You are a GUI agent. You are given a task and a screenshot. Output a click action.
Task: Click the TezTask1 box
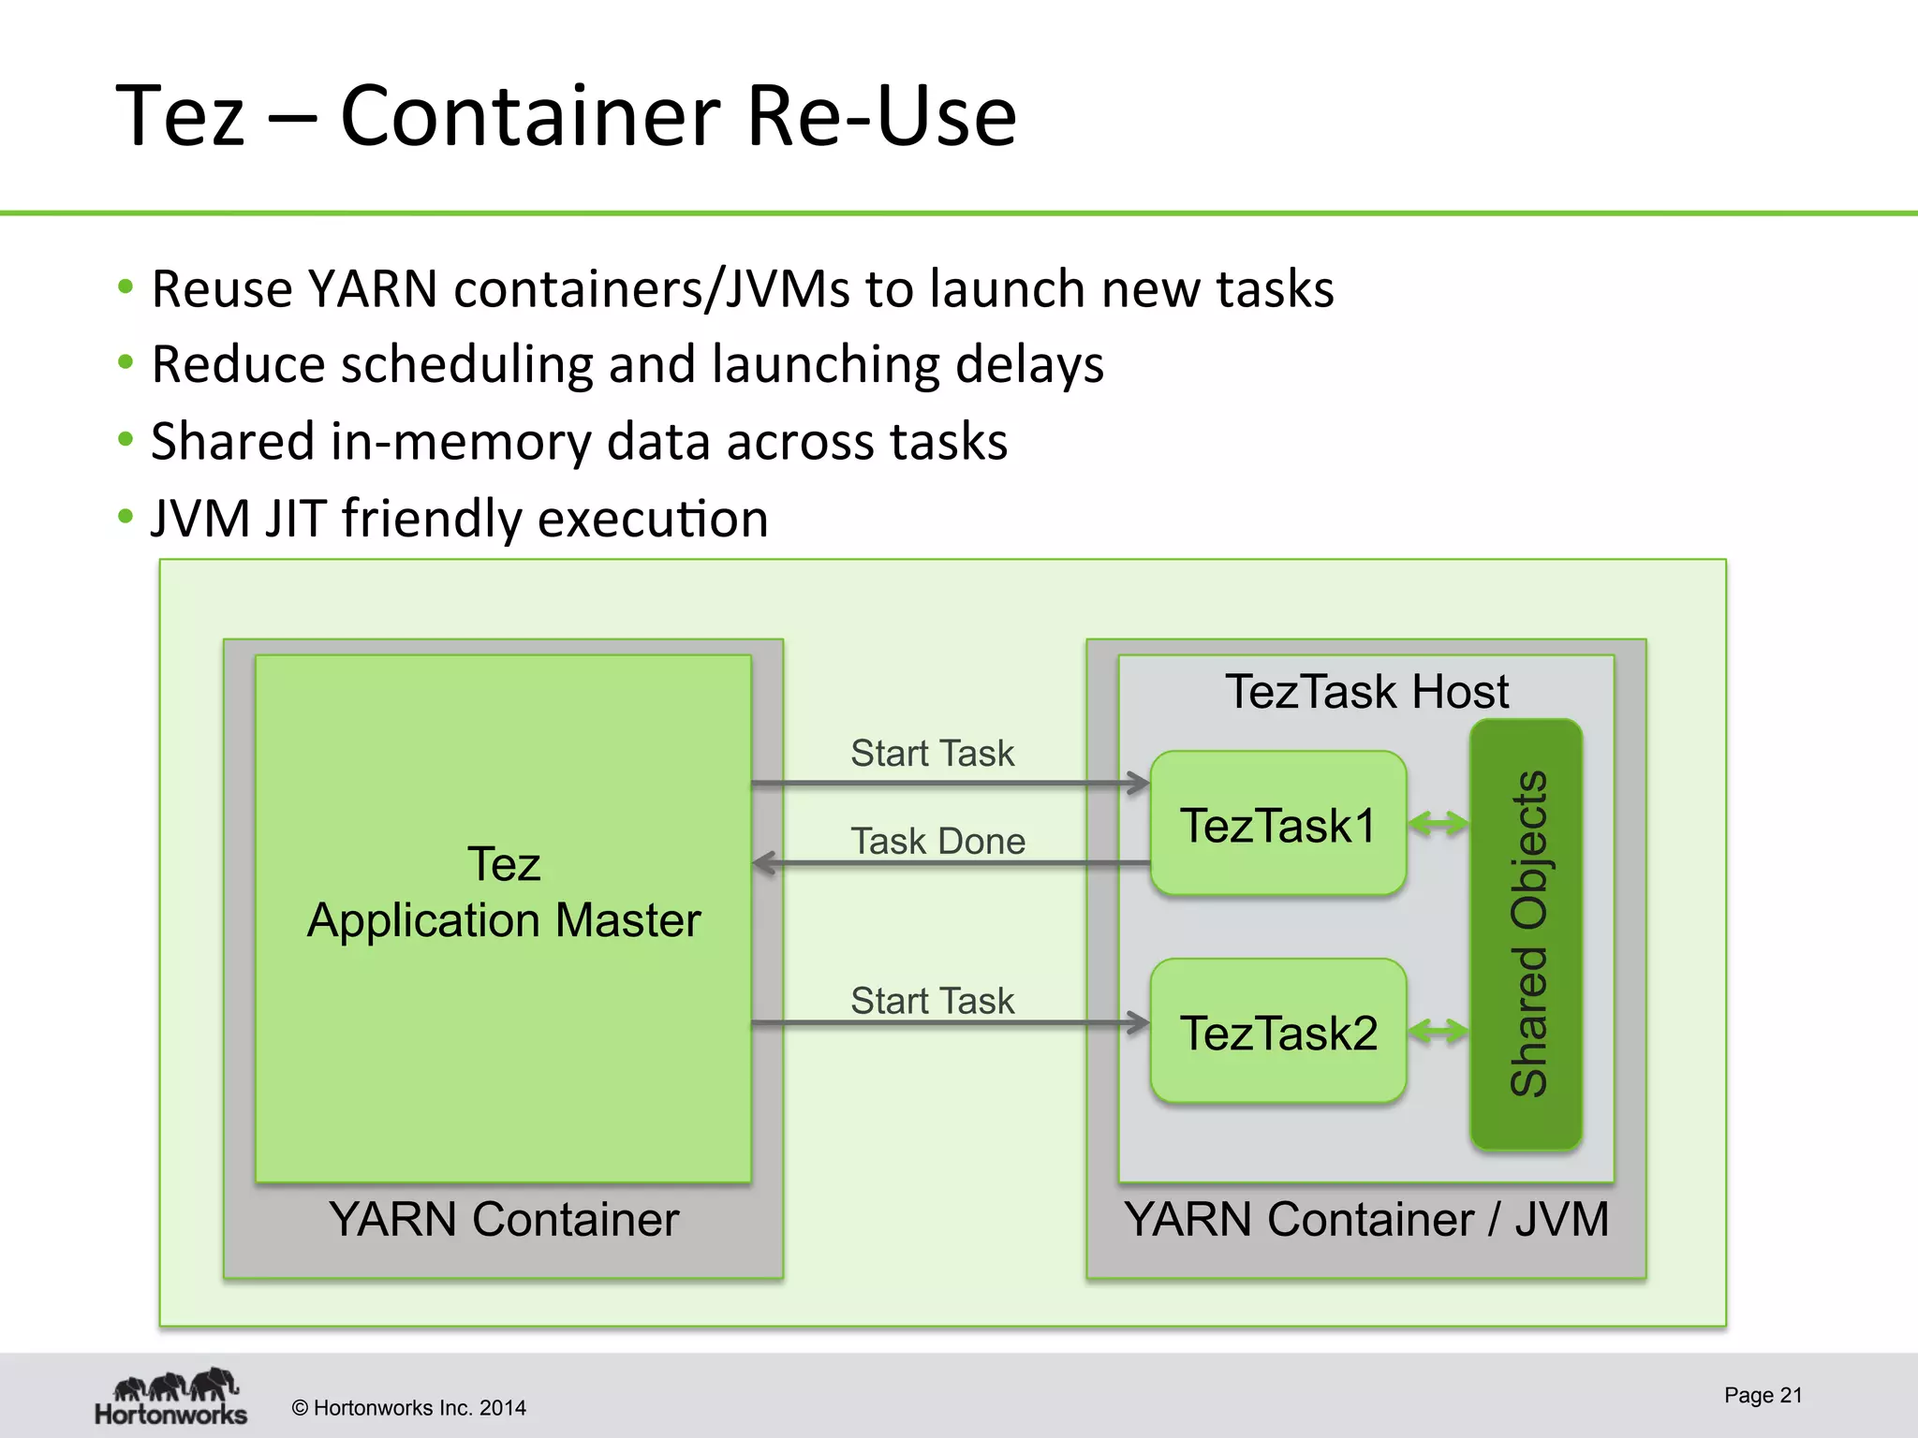click(x=1277, y=824)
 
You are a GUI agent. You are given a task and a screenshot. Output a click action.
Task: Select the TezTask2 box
click(x=1277, y=1032)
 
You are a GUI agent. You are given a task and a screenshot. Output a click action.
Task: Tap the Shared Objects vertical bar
click(x=1526, y=934)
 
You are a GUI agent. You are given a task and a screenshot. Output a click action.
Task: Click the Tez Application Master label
click(x=504, y=891)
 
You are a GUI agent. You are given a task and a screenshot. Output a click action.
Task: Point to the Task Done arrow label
click(x=937, y=841)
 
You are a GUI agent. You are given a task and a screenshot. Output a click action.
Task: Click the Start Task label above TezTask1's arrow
click(x=932, y=753)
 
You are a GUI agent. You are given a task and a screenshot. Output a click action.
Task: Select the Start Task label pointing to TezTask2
click(x=932, y=1000)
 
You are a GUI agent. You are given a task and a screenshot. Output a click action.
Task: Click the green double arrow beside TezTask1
click(x=1438, y=824)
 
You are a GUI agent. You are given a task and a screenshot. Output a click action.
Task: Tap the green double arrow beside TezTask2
click(x=1438, y=1032)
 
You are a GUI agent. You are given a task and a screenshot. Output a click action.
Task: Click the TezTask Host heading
click(x=1366, y=692)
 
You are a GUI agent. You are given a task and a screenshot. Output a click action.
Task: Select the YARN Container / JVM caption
click(x=1366, y=1219)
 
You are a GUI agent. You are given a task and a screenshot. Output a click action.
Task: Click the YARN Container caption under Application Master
click(x=504, y=1219)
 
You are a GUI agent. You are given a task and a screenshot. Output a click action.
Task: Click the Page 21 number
click(x=1763, y=1395)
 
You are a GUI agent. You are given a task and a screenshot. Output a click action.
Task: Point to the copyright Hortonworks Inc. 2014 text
click(x=409, y=1408)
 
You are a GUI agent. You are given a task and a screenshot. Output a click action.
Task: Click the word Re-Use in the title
click(x=880, y=116)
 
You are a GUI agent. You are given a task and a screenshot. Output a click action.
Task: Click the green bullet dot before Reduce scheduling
click(x=125, y=362)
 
